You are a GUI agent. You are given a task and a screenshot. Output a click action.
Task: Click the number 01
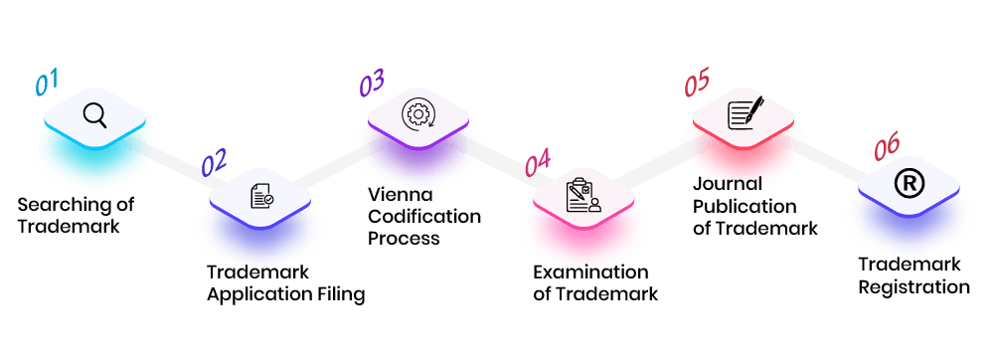(x=48, y=82)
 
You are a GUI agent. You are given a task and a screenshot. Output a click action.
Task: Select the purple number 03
(x=371, y=84)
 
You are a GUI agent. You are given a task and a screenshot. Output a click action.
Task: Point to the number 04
(x=537, y=162)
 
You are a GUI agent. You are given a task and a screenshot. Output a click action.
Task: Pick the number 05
(x=697, y=84)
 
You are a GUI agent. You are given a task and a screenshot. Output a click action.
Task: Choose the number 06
(x=886, y=149)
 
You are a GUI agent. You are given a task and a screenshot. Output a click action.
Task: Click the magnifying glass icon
(x=94, y=114)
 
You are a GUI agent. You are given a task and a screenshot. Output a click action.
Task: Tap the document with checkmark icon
(x=261, y=195)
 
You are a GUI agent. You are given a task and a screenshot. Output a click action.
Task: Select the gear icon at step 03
(x=417, y=114)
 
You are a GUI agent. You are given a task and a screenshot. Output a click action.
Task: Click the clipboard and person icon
(x=583, y=195)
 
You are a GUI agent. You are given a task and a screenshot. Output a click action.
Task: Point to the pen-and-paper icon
(x=745, y=111)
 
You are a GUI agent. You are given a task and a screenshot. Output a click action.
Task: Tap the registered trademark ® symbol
(x=908, y=183)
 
